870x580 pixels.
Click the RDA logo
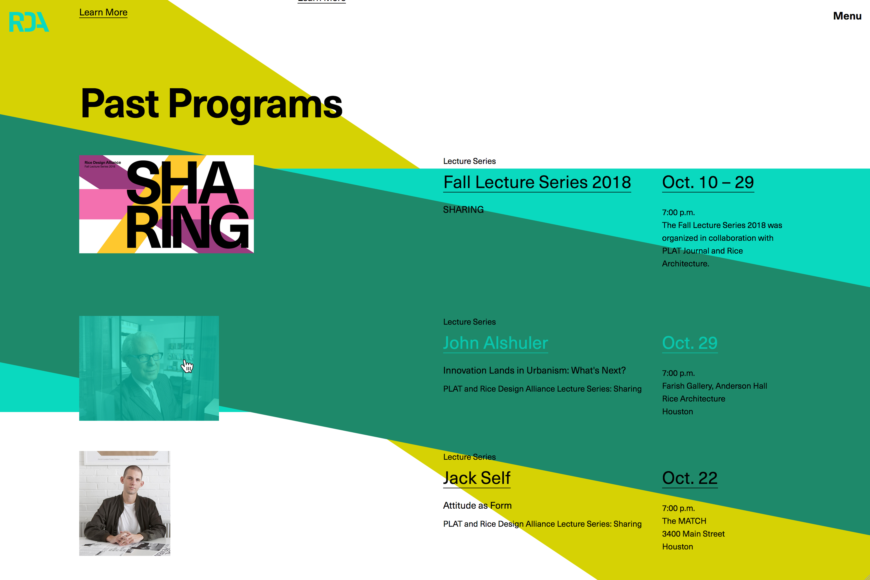click(29, 22)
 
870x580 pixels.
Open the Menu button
click(847, 16)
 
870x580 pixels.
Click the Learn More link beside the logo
click(103, 12)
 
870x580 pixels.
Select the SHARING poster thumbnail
click(166, 204)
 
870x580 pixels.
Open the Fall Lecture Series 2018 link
click(537, 183)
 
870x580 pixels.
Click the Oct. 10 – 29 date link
click(708, 183)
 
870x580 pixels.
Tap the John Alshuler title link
click(496, 343)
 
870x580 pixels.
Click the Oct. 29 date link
click(690, 343)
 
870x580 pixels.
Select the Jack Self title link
click(477, 478)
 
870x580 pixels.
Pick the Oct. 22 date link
click(690, 478)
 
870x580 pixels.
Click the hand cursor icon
click(187, 366)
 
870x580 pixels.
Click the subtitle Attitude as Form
click(477, 506)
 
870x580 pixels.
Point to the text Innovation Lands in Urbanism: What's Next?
click(534, 371)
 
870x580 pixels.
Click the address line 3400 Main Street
click(693, 534)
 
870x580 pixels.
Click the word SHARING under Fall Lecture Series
click(463, 210)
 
